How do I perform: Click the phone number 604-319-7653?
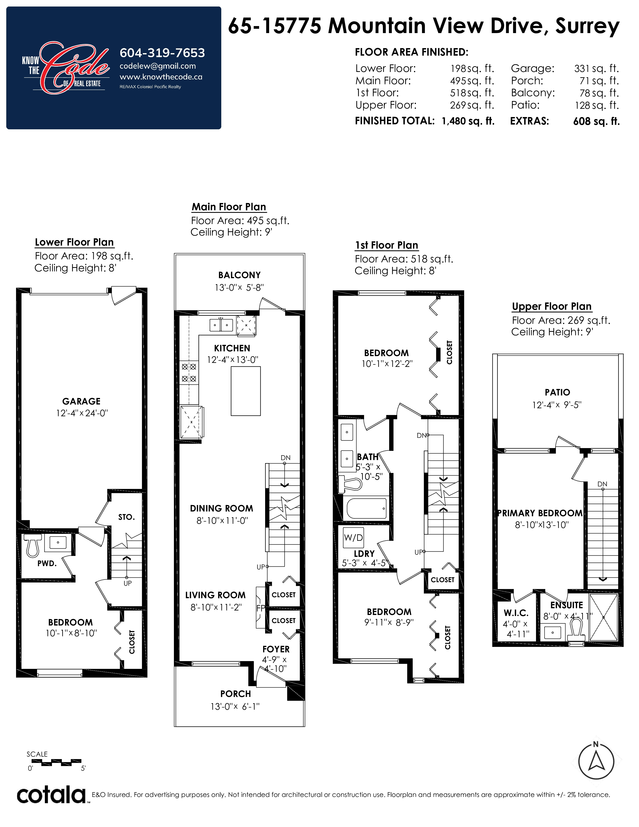pos(162,53)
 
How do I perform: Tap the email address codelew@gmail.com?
pos(157,66)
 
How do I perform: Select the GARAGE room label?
pos(81,401)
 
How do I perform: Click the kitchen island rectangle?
pos(246,391)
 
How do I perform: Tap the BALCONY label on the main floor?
pos(239,275)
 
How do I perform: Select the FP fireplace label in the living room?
pos(260,608)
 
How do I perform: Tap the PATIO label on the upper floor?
pos(557,392)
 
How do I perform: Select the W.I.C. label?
pos(516,613)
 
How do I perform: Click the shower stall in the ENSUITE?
pos(603,617)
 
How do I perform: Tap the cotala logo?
pos(52,795)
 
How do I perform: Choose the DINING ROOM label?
pos(222,508)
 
